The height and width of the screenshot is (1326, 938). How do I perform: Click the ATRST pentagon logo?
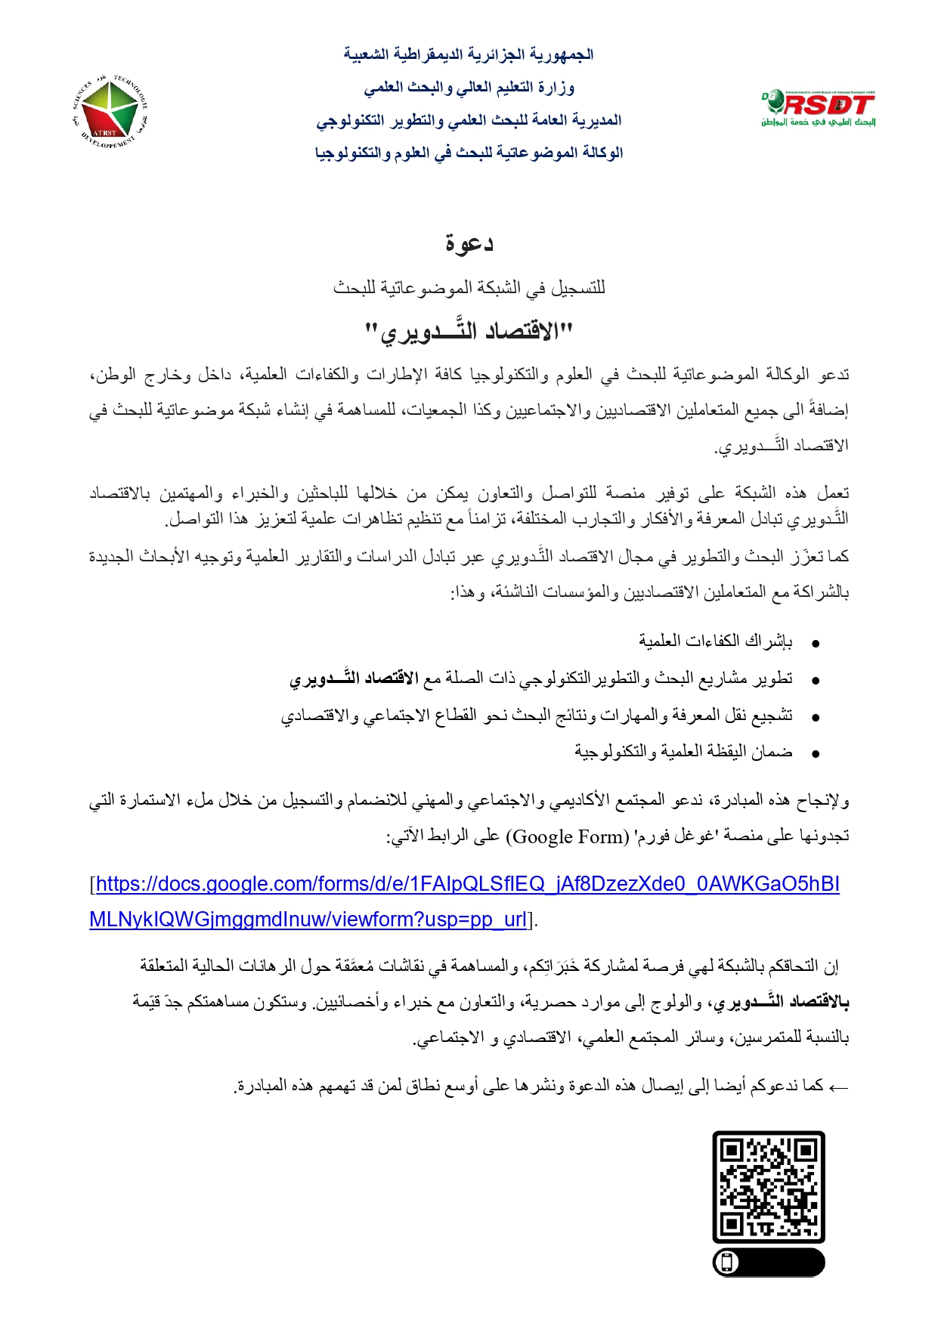pyautogui.click(x=110, y=113)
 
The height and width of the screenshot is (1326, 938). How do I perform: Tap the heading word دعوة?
pyautogui.click(x=469, y=243)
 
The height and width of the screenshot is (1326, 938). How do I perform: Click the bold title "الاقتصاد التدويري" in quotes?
pyautogui.click(x=469, y=331)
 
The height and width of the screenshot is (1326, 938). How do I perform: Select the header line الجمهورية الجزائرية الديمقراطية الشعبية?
pyautogui.click(x=469, y=54)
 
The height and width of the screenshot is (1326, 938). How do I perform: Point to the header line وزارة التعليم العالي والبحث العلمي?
pyautogui.click(x=469, y=88)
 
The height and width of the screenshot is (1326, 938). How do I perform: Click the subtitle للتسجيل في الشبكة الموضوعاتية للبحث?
pyautogui.click(x=469, y=288)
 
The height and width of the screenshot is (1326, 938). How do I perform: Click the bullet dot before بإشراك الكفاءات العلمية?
pyautogui.click(x=816, y=644)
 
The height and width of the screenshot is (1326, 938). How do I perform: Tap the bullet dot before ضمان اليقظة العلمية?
pyautogui.click(x=816, y=753)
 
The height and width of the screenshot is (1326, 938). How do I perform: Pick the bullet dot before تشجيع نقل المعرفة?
pyautogui.click(x=816, y=717)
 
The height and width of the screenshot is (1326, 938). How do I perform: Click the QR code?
pyautogui.click(x=768, y=1186)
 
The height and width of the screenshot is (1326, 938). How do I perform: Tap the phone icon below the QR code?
pyautogui.click(x=727, y=1263)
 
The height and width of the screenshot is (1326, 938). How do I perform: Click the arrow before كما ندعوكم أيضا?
pyautogui.click(x=839, y=1087)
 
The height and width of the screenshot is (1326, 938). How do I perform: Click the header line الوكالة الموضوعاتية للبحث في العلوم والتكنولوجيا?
pyautogui.click(x=469, y=153)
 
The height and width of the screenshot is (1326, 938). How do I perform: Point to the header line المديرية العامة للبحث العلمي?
pyautogui.click(x=469, y=120)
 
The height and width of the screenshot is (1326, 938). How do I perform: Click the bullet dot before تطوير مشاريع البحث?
pyautogui.click(x=816, y=681)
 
